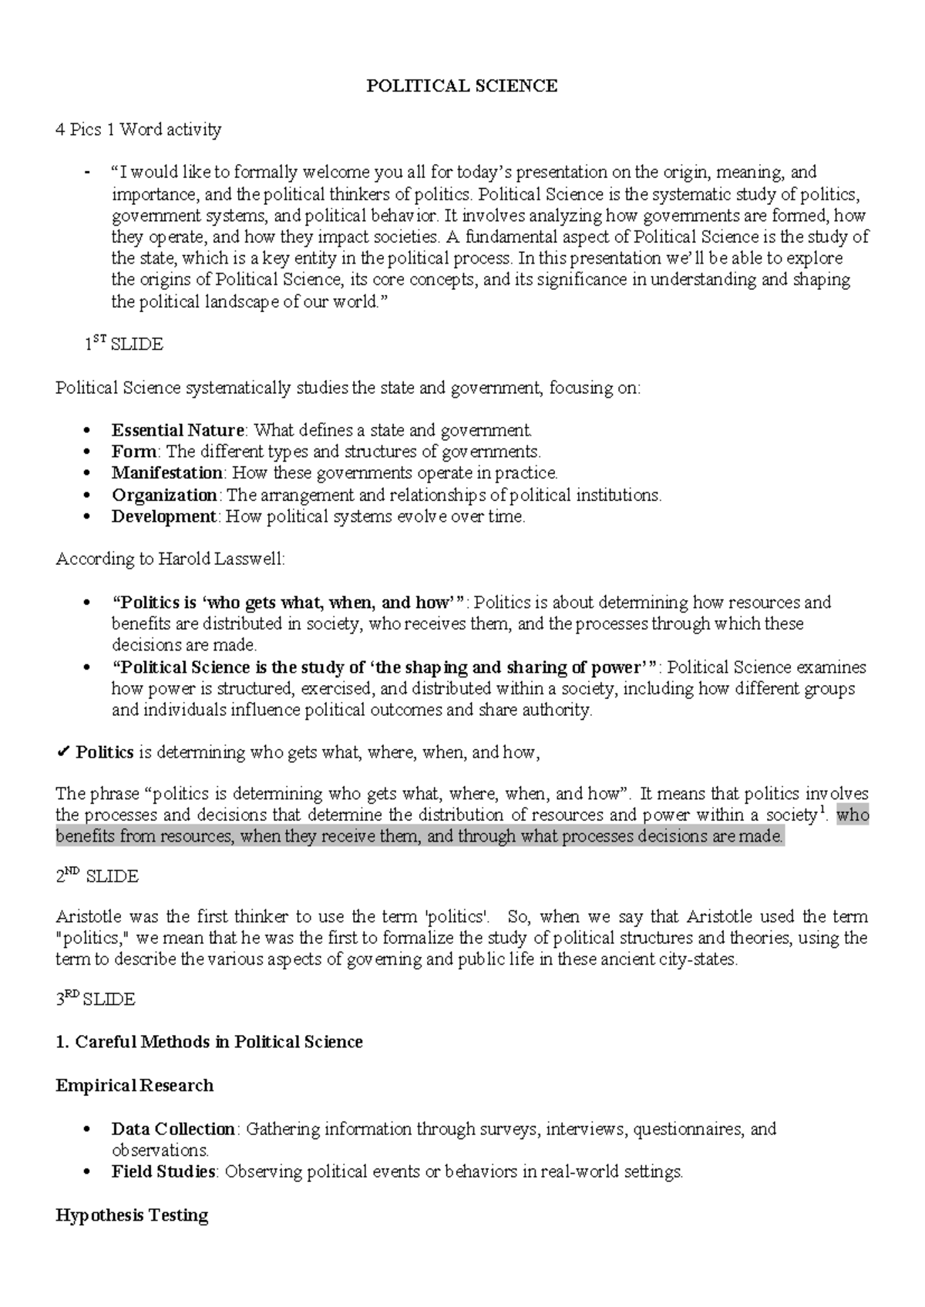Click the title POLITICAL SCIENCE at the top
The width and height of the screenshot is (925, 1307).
pos(461,86)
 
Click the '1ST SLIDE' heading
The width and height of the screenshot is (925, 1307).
pos(123,344)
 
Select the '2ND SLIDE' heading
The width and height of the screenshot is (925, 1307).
pos(97,876)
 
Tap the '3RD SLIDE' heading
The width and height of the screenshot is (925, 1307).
pos(96,1000)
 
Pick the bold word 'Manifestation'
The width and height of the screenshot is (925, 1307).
pos(166,472)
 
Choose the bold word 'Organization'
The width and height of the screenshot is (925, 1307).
pos(164,495)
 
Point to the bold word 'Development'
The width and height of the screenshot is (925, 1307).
pos(163,516)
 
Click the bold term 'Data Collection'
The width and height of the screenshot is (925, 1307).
pos(173,1129)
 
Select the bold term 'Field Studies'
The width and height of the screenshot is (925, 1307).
pos(163,1172)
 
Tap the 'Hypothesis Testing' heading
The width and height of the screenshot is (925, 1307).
pos(132,1215)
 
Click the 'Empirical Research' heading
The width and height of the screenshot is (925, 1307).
pos(134,1086)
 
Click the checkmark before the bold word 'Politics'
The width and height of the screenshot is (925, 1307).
pos(63,752)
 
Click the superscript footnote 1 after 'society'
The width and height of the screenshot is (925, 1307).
pos(822,809)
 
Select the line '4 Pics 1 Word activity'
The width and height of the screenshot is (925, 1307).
pos(138,129)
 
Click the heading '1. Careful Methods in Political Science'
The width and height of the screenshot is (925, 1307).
pos(209,1042)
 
